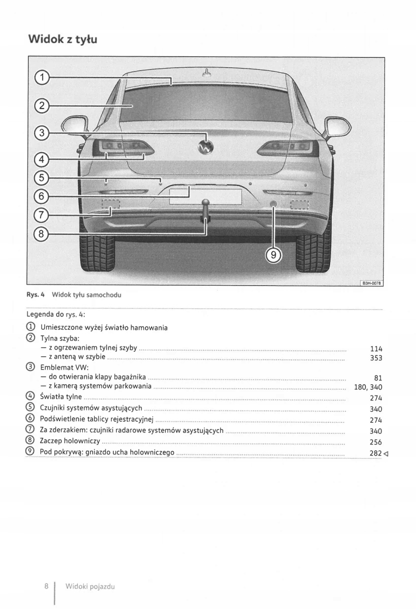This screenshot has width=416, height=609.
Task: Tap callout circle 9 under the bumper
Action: click(273, 255)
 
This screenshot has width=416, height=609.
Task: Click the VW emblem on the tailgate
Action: click(205, 146)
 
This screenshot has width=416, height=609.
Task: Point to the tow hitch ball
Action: click(205, 204)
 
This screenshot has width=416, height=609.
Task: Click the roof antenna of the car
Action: click(206, 73)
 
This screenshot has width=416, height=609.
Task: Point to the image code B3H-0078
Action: click(371, 283)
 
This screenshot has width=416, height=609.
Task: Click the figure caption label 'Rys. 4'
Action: click(36, 295)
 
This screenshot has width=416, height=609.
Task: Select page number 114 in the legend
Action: click(376, 349)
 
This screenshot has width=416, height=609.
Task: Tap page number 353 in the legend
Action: click(376, 358)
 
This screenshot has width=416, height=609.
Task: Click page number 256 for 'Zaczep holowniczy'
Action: click(376, 442)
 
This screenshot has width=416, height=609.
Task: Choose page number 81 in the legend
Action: click(378, 378)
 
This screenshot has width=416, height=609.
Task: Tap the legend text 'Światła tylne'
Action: click(60, 397)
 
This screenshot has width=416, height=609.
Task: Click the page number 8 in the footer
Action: click(46, 586)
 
